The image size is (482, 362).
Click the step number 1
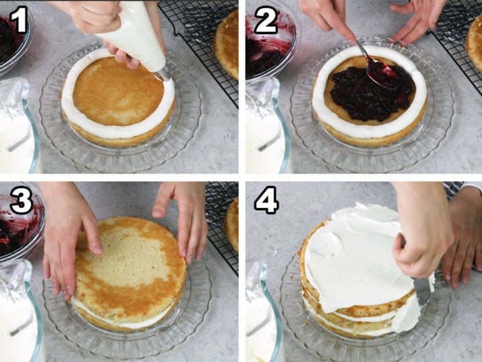pyautogui.click(x=19, y=19)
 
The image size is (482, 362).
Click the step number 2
pyautogui.click(x=266, y=20)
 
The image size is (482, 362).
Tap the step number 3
pyautogui.click(x=21, y=200)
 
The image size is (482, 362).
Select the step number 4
pyautogui.click(x=266, y=200)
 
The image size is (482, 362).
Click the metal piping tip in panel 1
pyautogui.click(x=164, y=74)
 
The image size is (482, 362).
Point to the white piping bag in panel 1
pyautogui.click(x=135, y=37)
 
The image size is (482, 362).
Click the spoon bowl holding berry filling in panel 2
pyautogui.click(x=380, y=72)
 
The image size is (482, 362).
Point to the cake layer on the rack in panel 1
pyautogui.click(x=227, y=46)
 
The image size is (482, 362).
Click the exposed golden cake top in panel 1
pyautogui.click(x=118, y=91)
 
